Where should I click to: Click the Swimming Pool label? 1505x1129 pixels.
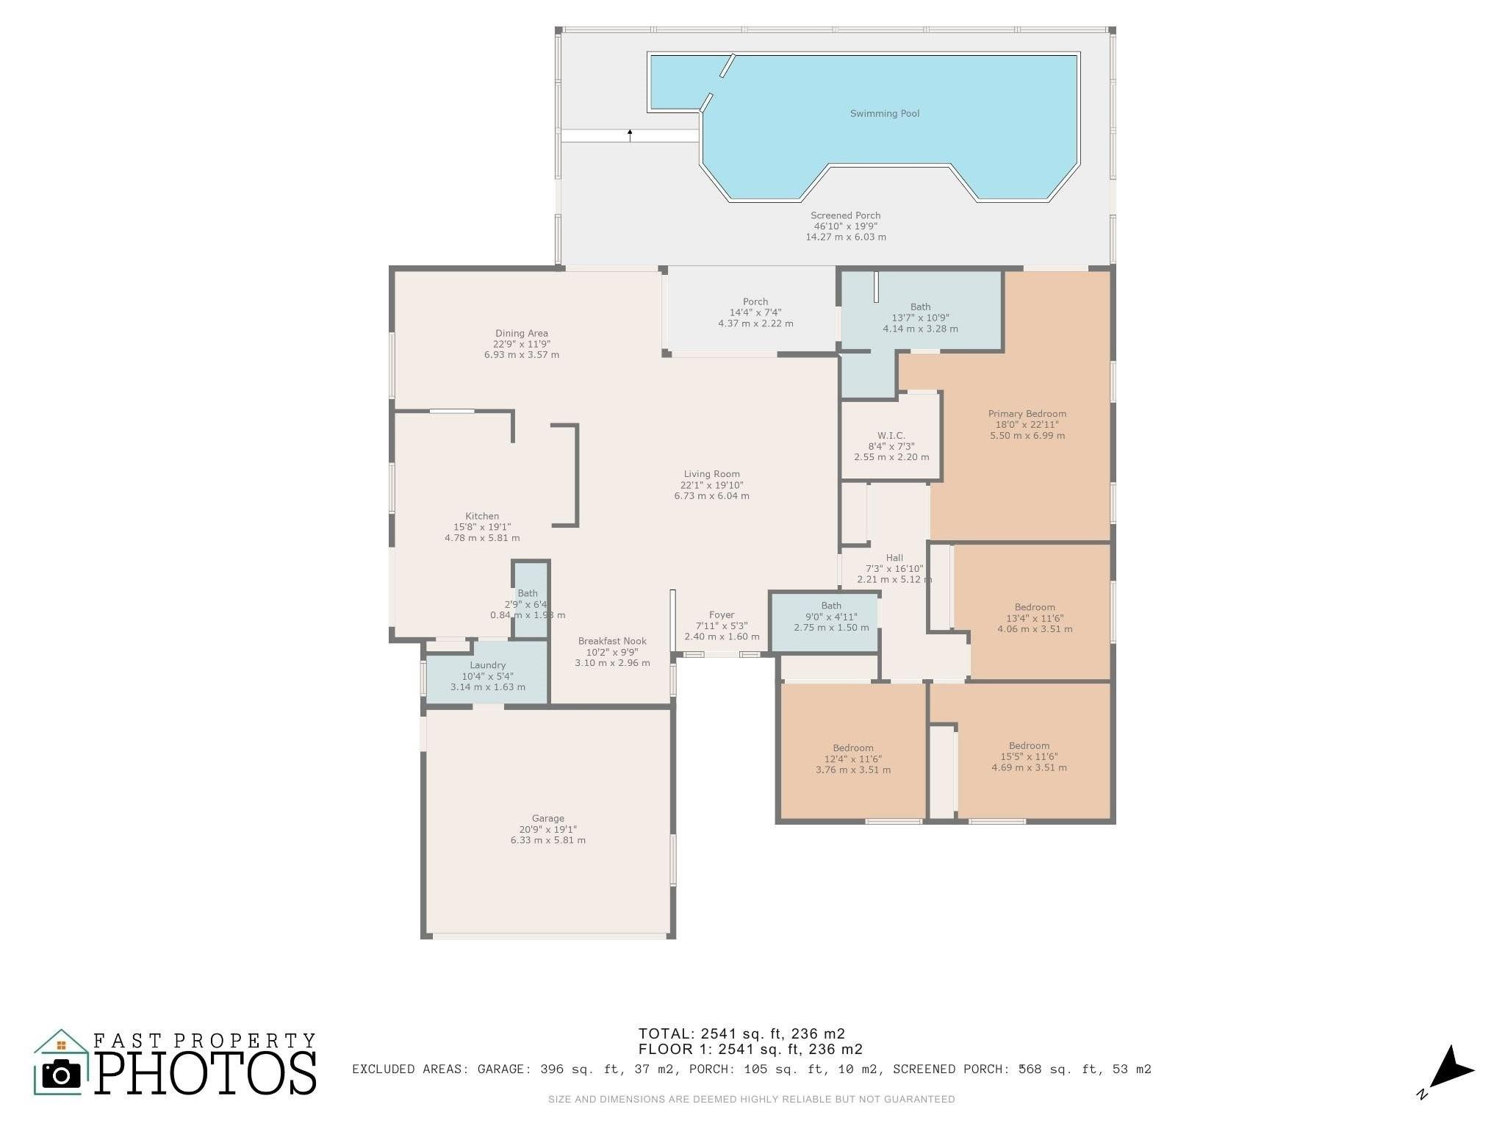point(885,114)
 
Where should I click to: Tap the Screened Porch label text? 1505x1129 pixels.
point(845,215)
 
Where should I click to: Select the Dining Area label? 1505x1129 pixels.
point(522,333)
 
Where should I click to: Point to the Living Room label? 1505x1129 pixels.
point(711,474)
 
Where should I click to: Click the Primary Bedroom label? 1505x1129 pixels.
point(1027,414)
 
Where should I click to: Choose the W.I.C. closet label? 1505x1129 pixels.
point(891,435)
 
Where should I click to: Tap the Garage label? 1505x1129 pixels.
point(548,818)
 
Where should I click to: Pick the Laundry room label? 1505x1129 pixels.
point(488,665)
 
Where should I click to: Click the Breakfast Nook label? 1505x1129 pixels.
point(612,641)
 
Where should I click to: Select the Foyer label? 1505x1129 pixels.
point(722,615)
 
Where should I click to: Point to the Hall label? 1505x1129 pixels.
point(894,558)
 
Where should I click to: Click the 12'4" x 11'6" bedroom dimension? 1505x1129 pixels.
point(853,759)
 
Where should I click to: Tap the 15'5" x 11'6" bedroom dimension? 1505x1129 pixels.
point(1029,756)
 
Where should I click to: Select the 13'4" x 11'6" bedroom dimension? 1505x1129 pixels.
point(1035,618)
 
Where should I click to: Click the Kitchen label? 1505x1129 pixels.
point(482,516)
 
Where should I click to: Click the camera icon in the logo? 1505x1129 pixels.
point(62,1075)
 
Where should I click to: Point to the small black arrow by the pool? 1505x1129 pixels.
point(630,135)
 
